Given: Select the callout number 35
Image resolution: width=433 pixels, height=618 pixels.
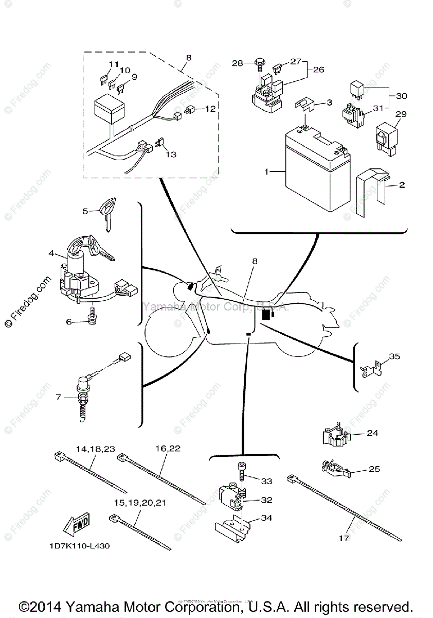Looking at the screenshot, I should coord(394,356).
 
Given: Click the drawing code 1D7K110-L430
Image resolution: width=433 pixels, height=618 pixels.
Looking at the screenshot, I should coord(80,546).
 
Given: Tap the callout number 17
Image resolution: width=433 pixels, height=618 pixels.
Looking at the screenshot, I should coord(344,538).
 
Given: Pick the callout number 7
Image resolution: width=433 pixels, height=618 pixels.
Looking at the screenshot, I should coord(58,397).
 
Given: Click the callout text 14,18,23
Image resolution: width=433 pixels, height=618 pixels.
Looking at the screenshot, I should coord(95,449).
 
